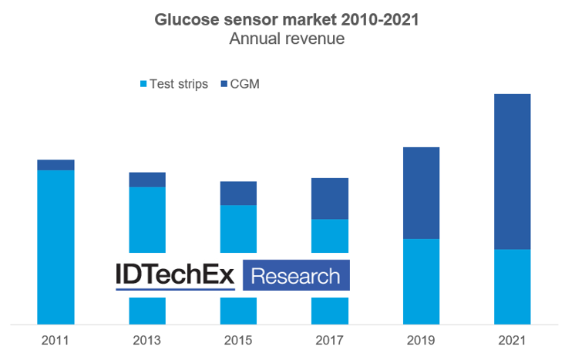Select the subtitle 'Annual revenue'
pyautogui.click(x=286, y=39)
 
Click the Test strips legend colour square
pyautogui.click(x=142, y=84)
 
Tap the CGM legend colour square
pyautogui.click(x=225, y=84)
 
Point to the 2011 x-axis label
pyautogui.click(x=55, y=339)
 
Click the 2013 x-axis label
pyautogui.click(x=146, y=339)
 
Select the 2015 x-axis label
pyautogui.click(x=238, y=339)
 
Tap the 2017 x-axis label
pyautogui.click(x=329, y=339)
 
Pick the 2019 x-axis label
pyautogui.click(x=421, y=339)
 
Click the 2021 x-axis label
pyautogui.click(x=512, y=339)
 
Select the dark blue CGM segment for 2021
pyautogui.click(x=512, y=171)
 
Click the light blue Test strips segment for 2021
pyautogui.click(x=512, y=286)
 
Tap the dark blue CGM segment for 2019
pyautogui.click(x=421, y=193)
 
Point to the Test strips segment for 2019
pyautogui.click(x=421, y=281)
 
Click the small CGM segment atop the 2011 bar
pyautogui.click(x=55, y=165)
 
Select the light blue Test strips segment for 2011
pyautogui.click(x=55, y=247)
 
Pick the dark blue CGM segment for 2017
pyautogui.click(x=329, y=199)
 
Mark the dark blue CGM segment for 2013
pyautogui.click(x=146, y=180)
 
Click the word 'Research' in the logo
pyautogui.click(x=296, y=275)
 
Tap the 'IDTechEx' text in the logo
pyautogui.click(x=175, y=275)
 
